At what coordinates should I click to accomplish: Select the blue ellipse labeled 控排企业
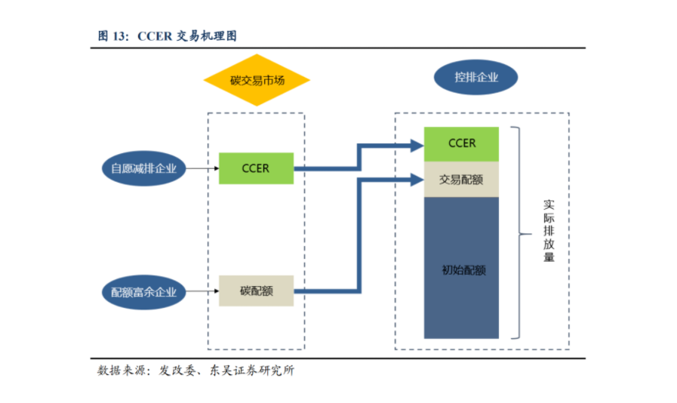click(475, 78)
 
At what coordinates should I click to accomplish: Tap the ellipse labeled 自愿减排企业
click(143, 168)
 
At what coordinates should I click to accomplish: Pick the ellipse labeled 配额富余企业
click(143, 291)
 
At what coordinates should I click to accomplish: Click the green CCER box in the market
click(256, 168)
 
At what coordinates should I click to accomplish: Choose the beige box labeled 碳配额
click(256, 291)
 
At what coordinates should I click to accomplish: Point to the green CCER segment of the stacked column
click(461, 143)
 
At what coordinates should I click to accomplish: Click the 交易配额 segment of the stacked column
click(461, 179)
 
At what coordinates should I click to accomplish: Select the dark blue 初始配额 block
click(461, 268)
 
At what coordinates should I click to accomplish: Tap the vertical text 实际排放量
click(549, 231)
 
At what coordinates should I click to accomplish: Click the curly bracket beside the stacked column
click(520, 233)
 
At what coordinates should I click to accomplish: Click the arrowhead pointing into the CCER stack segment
click(415, 144)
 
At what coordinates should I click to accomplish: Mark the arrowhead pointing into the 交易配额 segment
click(415, 180)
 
